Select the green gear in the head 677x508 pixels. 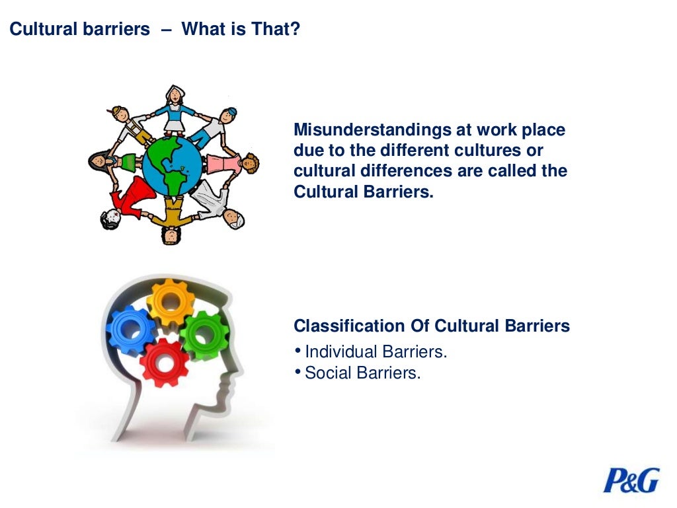point(204,335)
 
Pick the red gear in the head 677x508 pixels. point(165,362)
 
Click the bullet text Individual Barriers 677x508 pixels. point(376,351)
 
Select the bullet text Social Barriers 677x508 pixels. point(362,373)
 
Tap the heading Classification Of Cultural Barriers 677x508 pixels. point(431,326)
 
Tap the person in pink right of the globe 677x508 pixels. point(231,163)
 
